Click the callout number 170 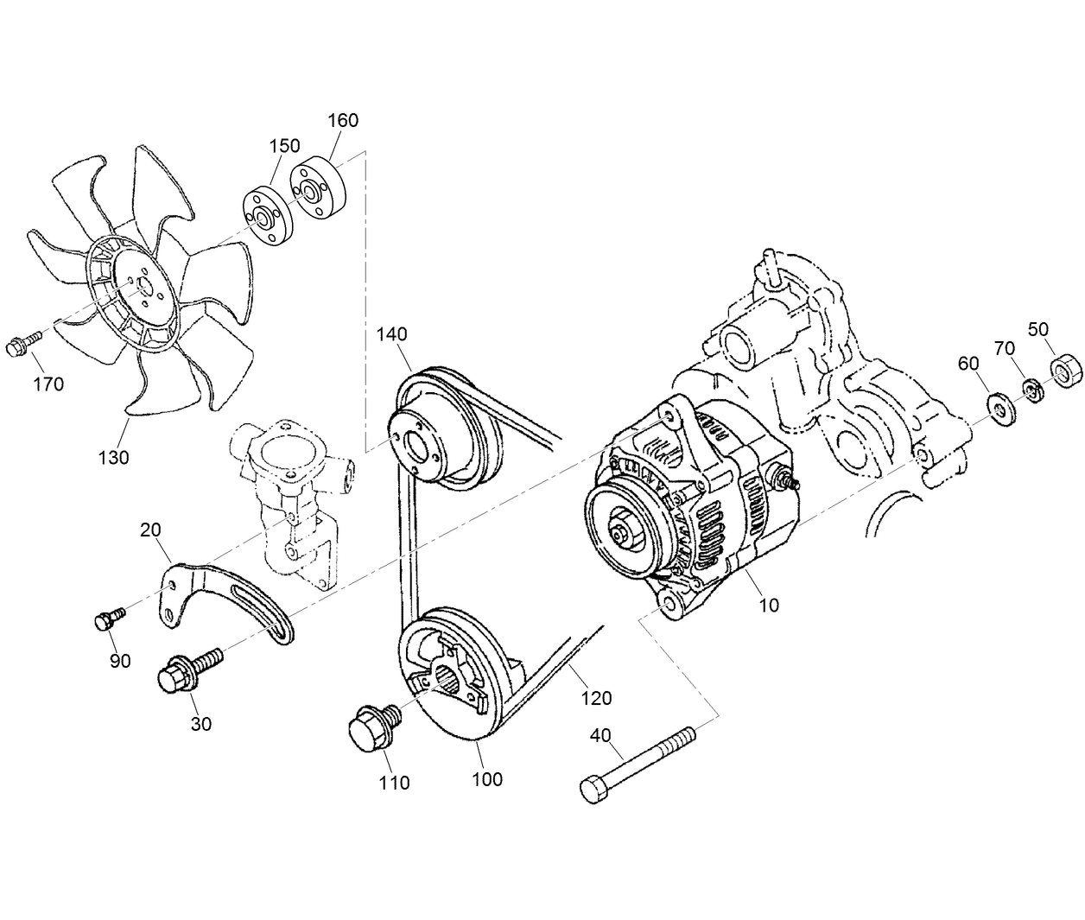pyautogui.click(x=48, y=384)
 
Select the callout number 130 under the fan pyautogui.click(x=112, y=457)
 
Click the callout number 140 pyautogui.click(x=391, y=333)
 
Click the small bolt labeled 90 pyautogui.click(x=107, y=619)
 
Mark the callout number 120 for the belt pyautogui.click(x=596, y=697)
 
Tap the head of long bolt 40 pyautogui.click(x=593, y=790)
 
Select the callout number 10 pyautogui.click(x=768, y=605)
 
